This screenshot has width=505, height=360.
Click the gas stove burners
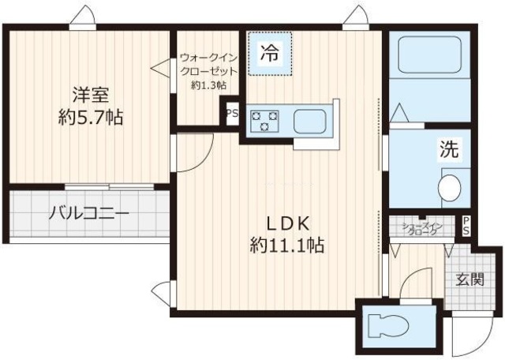coord(264,122)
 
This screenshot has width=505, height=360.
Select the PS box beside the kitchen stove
coord(232,113)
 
